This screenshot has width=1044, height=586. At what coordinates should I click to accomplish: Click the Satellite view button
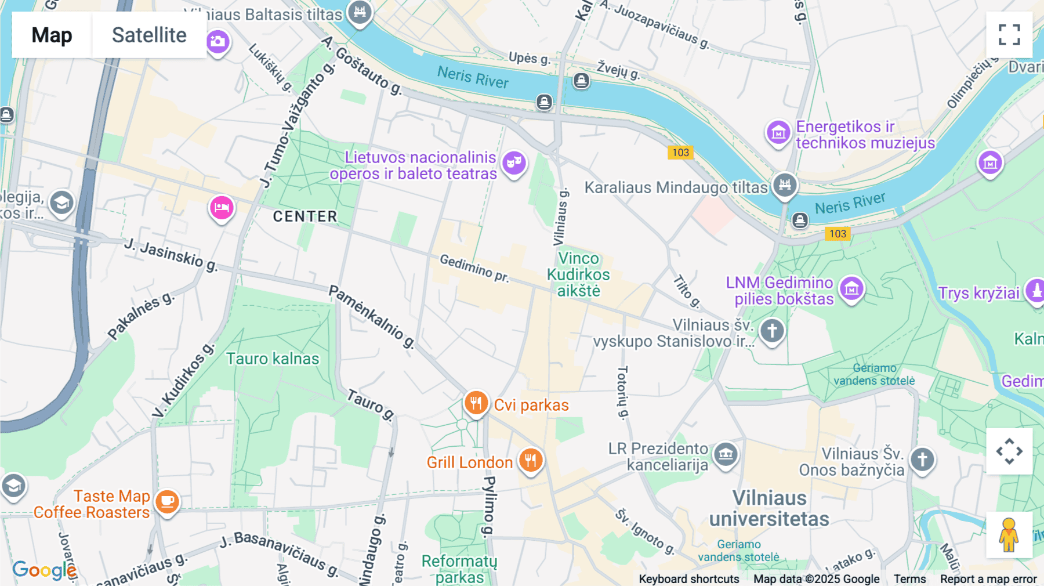[x=149, y=35]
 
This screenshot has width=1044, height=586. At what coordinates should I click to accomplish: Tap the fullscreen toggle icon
[x=1009, y=35]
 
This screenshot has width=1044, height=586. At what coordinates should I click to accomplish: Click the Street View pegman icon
[x=1009, y=535]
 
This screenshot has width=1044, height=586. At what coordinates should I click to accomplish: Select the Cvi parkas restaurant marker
[x=476, y=401]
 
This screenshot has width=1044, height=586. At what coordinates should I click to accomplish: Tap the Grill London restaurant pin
[x=530, y=461]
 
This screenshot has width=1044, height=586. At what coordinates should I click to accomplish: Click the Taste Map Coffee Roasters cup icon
[x=167, y=501]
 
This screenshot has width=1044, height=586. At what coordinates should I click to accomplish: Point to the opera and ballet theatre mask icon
[x=514, y=162]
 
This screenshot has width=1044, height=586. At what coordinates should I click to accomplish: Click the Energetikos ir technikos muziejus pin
[x=778, y=133]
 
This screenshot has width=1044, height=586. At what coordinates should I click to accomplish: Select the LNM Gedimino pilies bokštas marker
[x=851, y=288]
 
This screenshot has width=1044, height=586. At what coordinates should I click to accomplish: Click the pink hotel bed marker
[x=222, y=208]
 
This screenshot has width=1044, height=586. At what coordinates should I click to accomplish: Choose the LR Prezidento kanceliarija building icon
[x=726, y=454]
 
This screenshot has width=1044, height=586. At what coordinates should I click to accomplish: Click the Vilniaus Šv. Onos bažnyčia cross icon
[x=922, y=460]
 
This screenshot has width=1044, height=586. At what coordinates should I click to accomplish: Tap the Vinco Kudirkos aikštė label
[x=578, y=274]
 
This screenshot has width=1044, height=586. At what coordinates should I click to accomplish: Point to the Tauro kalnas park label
[x=273, y=359]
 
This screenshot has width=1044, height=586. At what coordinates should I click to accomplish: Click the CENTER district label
[x=305, y=216]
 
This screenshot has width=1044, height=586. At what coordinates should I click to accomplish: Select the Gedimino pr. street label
[x=474, y=268]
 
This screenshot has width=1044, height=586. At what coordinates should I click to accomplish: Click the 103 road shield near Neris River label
[x=837, y=234]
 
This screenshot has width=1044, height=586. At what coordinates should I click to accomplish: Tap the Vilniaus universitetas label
[x=769, y=508]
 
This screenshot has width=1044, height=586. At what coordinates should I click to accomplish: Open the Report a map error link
[x=988, y=579]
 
